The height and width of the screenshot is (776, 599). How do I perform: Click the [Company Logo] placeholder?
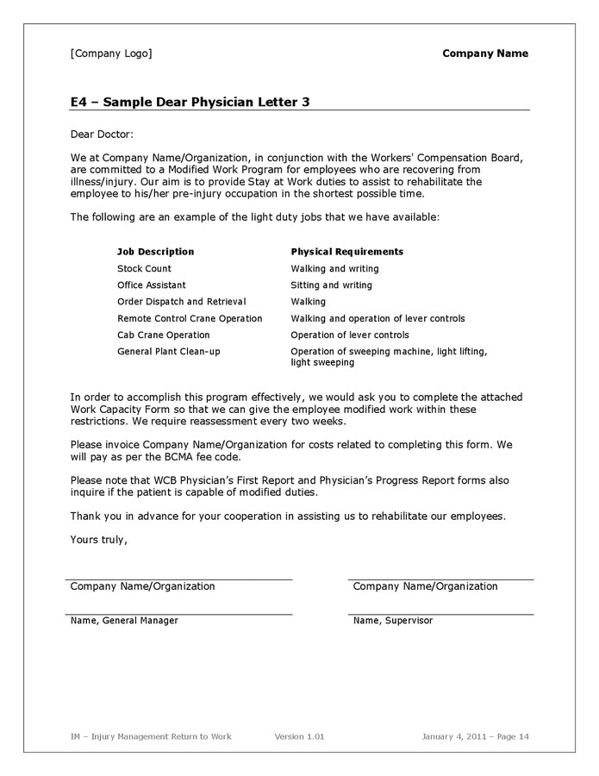coord(110,53)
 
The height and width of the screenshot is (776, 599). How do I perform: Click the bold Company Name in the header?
coord(484,53)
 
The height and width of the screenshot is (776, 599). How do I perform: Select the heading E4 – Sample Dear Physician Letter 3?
coord(190,103)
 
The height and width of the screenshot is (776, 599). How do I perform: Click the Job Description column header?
coord(155,252)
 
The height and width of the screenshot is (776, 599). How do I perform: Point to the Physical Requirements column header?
coord(346,252)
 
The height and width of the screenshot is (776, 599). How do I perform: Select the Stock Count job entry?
coord(144,269)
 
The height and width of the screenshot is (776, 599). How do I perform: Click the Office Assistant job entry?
coord(151,285)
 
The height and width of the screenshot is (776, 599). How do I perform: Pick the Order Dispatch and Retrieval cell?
coord(181,302)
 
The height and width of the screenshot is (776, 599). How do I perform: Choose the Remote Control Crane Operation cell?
coord(190,318)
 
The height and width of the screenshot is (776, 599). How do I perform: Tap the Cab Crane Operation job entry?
coord(163,335)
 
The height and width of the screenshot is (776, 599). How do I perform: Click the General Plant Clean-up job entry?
coord(168,351)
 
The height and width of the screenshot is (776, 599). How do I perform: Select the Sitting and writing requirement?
coord(331,285)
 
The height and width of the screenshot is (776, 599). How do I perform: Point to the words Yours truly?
coord(98,540)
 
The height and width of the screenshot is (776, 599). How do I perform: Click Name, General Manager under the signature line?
coord(124,621)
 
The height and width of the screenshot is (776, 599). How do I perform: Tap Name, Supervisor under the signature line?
coord(392,621)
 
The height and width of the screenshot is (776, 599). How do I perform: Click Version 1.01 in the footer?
coord(299,736)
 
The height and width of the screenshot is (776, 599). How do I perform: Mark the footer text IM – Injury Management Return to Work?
coord(151,736)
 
